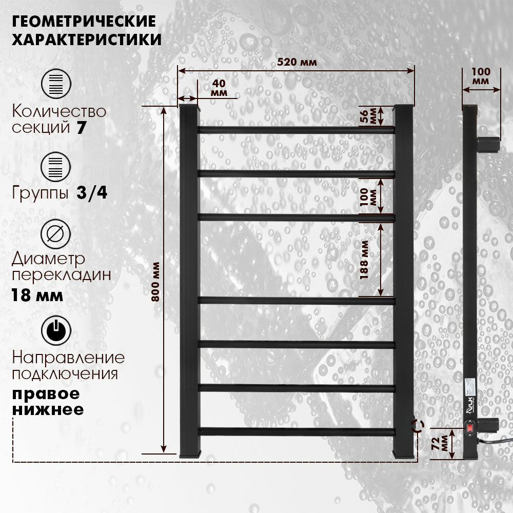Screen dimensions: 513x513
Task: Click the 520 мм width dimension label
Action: pyautogui.click(x=297, y=62)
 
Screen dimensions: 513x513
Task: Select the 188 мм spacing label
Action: pyautogui.click(x=364, y=259)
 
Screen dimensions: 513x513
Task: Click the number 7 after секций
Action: pyautogui.click(x=81, y=128)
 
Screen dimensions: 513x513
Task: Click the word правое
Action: pyautogui.click(x=46, y=394)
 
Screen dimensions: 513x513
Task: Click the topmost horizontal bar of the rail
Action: pyautogui.click(x=296, y=130)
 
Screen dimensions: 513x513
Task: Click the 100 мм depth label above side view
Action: pyautogui.click(x=481, y=76)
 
